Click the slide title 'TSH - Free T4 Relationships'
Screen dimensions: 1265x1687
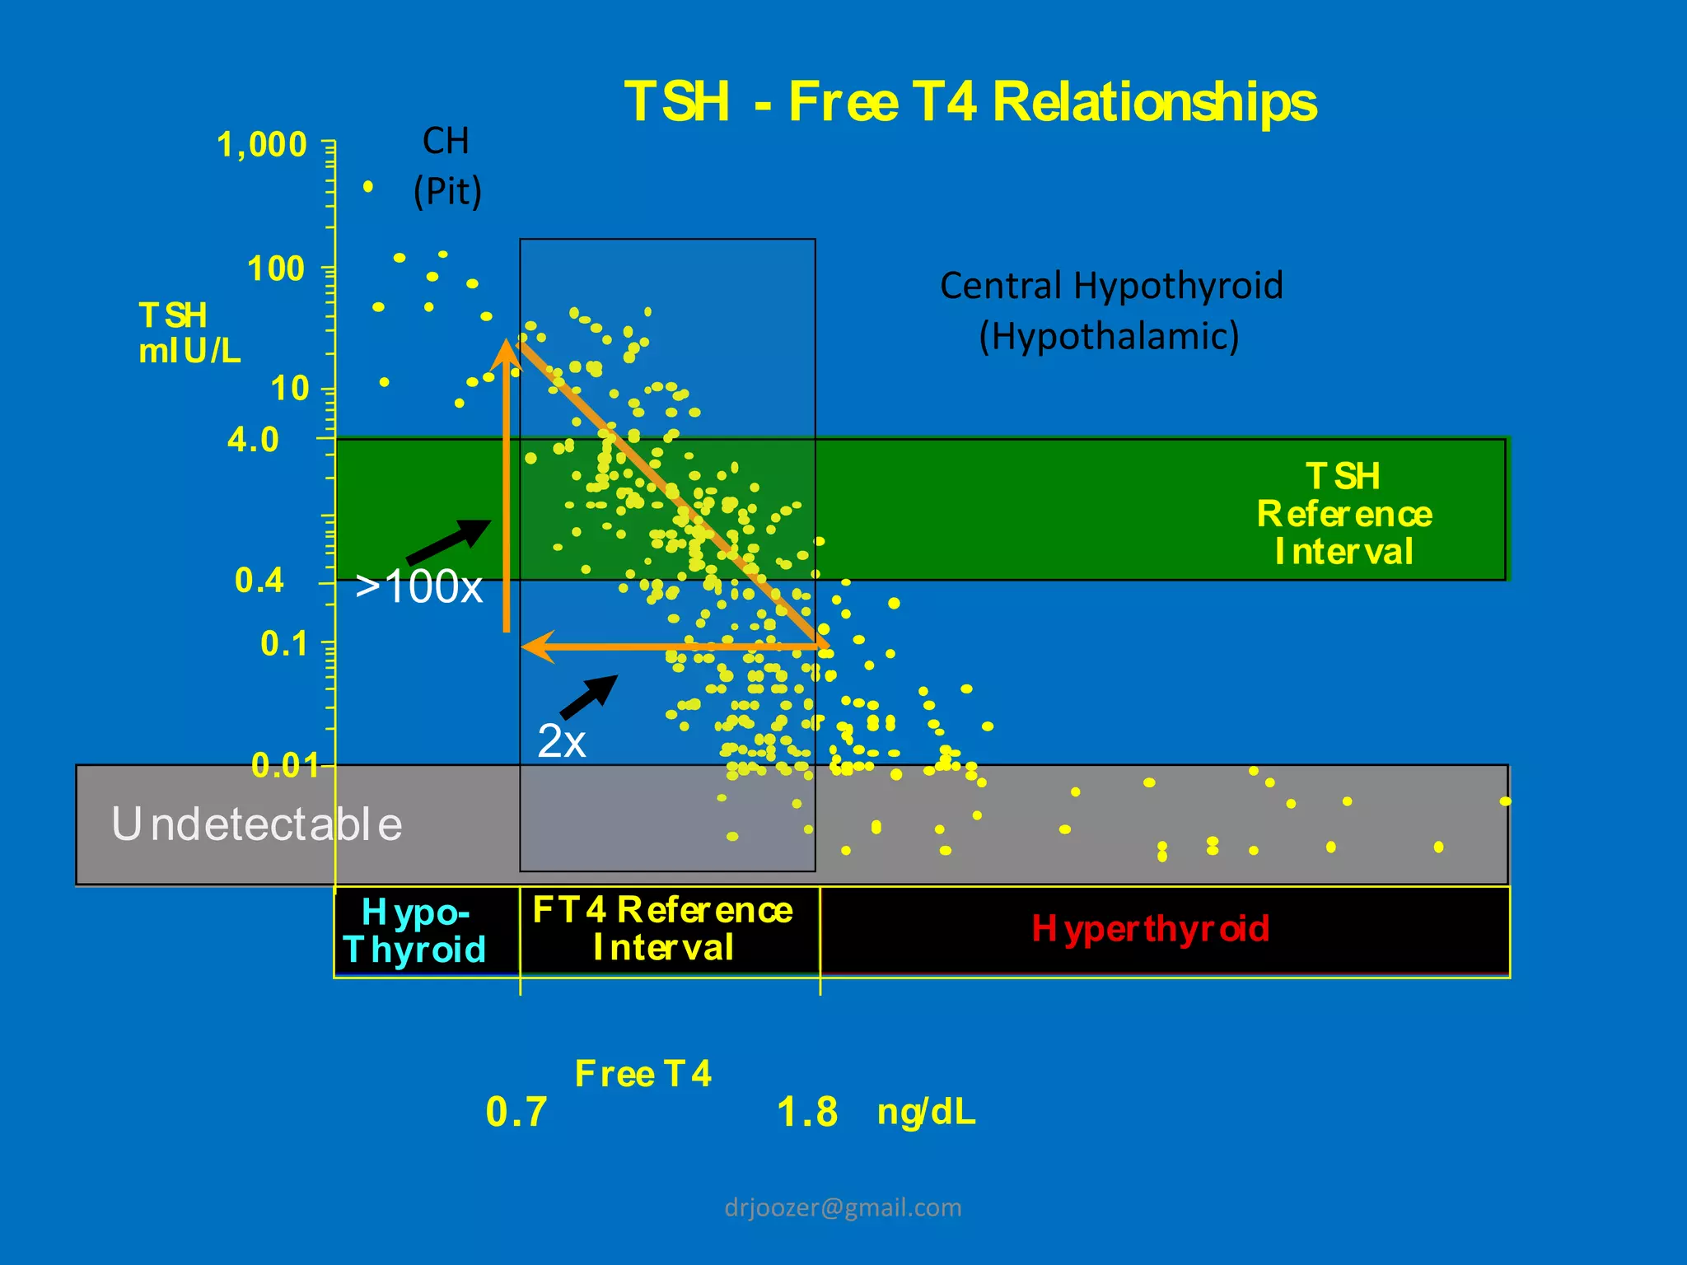[970, 102]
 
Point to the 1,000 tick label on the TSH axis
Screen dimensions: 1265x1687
[262, 145]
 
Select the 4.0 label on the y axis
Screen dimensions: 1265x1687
[254, 440]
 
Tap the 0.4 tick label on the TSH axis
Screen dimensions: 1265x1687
[259, 581]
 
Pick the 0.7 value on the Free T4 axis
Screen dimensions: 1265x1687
[516, 1112]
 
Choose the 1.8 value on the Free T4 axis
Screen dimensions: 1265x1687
[807, 1112]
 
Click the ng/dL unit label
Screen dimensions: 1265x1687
[927, 1112]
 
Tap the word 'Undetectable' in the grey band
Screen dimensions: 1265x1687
[257, 824]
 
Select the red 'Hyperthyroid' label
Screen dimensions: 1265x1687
[1151, 929]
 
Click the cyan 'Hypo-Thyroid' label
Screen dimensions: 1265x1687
[415, 931]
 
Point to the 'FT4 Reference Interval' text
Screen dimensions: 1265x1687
[663, 929]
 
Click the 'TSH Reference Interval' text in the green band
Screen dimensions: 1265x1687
[1344, 514]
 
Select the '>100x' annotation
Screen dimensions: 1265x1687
[418, 588]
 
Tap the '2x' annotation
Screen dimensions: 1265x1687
[562, 741]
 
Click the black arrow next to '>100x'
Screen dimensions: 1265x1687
[450, 541]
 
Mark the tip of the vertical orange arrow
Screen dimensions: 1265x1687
[506, 342]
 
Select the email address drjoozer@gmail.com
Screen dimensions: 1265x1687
[843, 1207]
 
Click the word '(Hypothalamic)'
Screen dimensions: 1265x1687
[1109, 336]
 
